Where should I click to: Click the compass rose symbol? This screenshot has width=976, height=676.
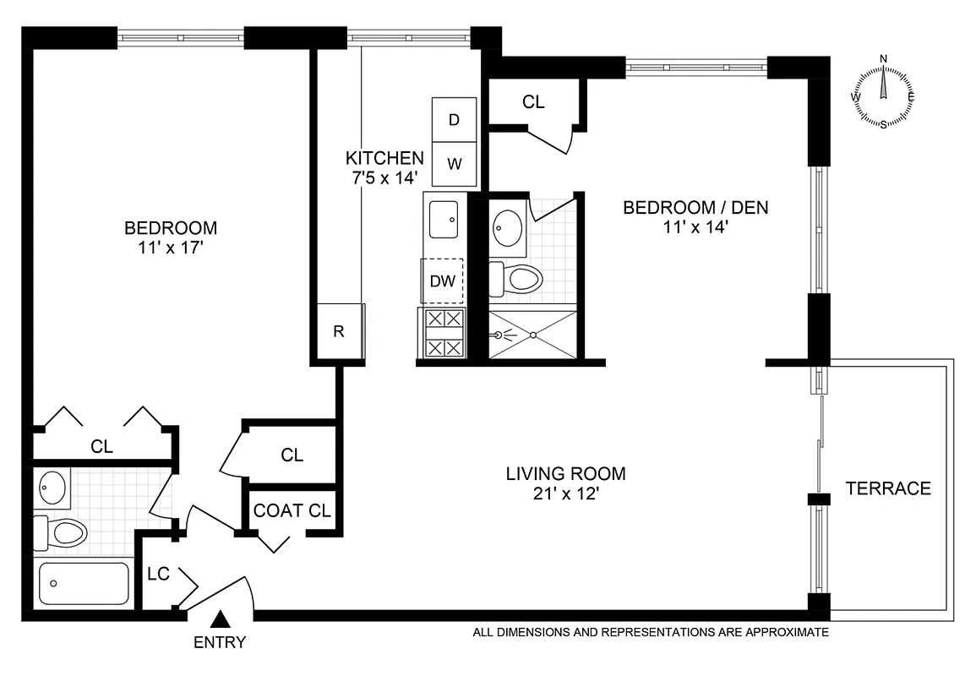(884, 93)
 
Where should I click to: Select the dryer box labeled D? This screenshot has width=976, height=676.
(454, 119)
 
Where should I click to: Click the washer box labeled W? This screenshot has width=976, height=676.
(454, 163)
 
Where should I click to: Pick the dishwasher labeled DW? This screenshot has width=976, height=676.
(442, 281)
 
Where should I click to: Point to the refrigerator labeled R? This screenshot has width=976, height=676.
(338, 331)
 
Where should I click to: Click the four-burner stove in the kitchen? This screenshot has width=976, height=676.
(443, 333)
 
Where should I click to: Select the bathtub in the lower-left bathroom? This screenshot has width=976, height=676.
(84, 584)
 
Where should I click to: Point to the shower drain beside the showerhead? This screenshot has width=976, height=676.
(534, 335)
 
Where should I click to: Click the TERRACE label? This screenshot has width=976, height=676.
(888, 488)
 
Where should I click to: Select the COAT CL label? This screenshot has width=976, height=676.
(292, 510)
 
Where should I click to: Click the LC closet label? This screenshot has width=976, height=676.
(158, 574)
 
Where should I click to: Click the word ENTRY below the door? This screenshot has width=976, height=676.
(220, 642)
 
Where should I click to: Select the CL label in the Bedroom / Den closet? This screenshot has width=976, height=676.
(533, 102)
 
